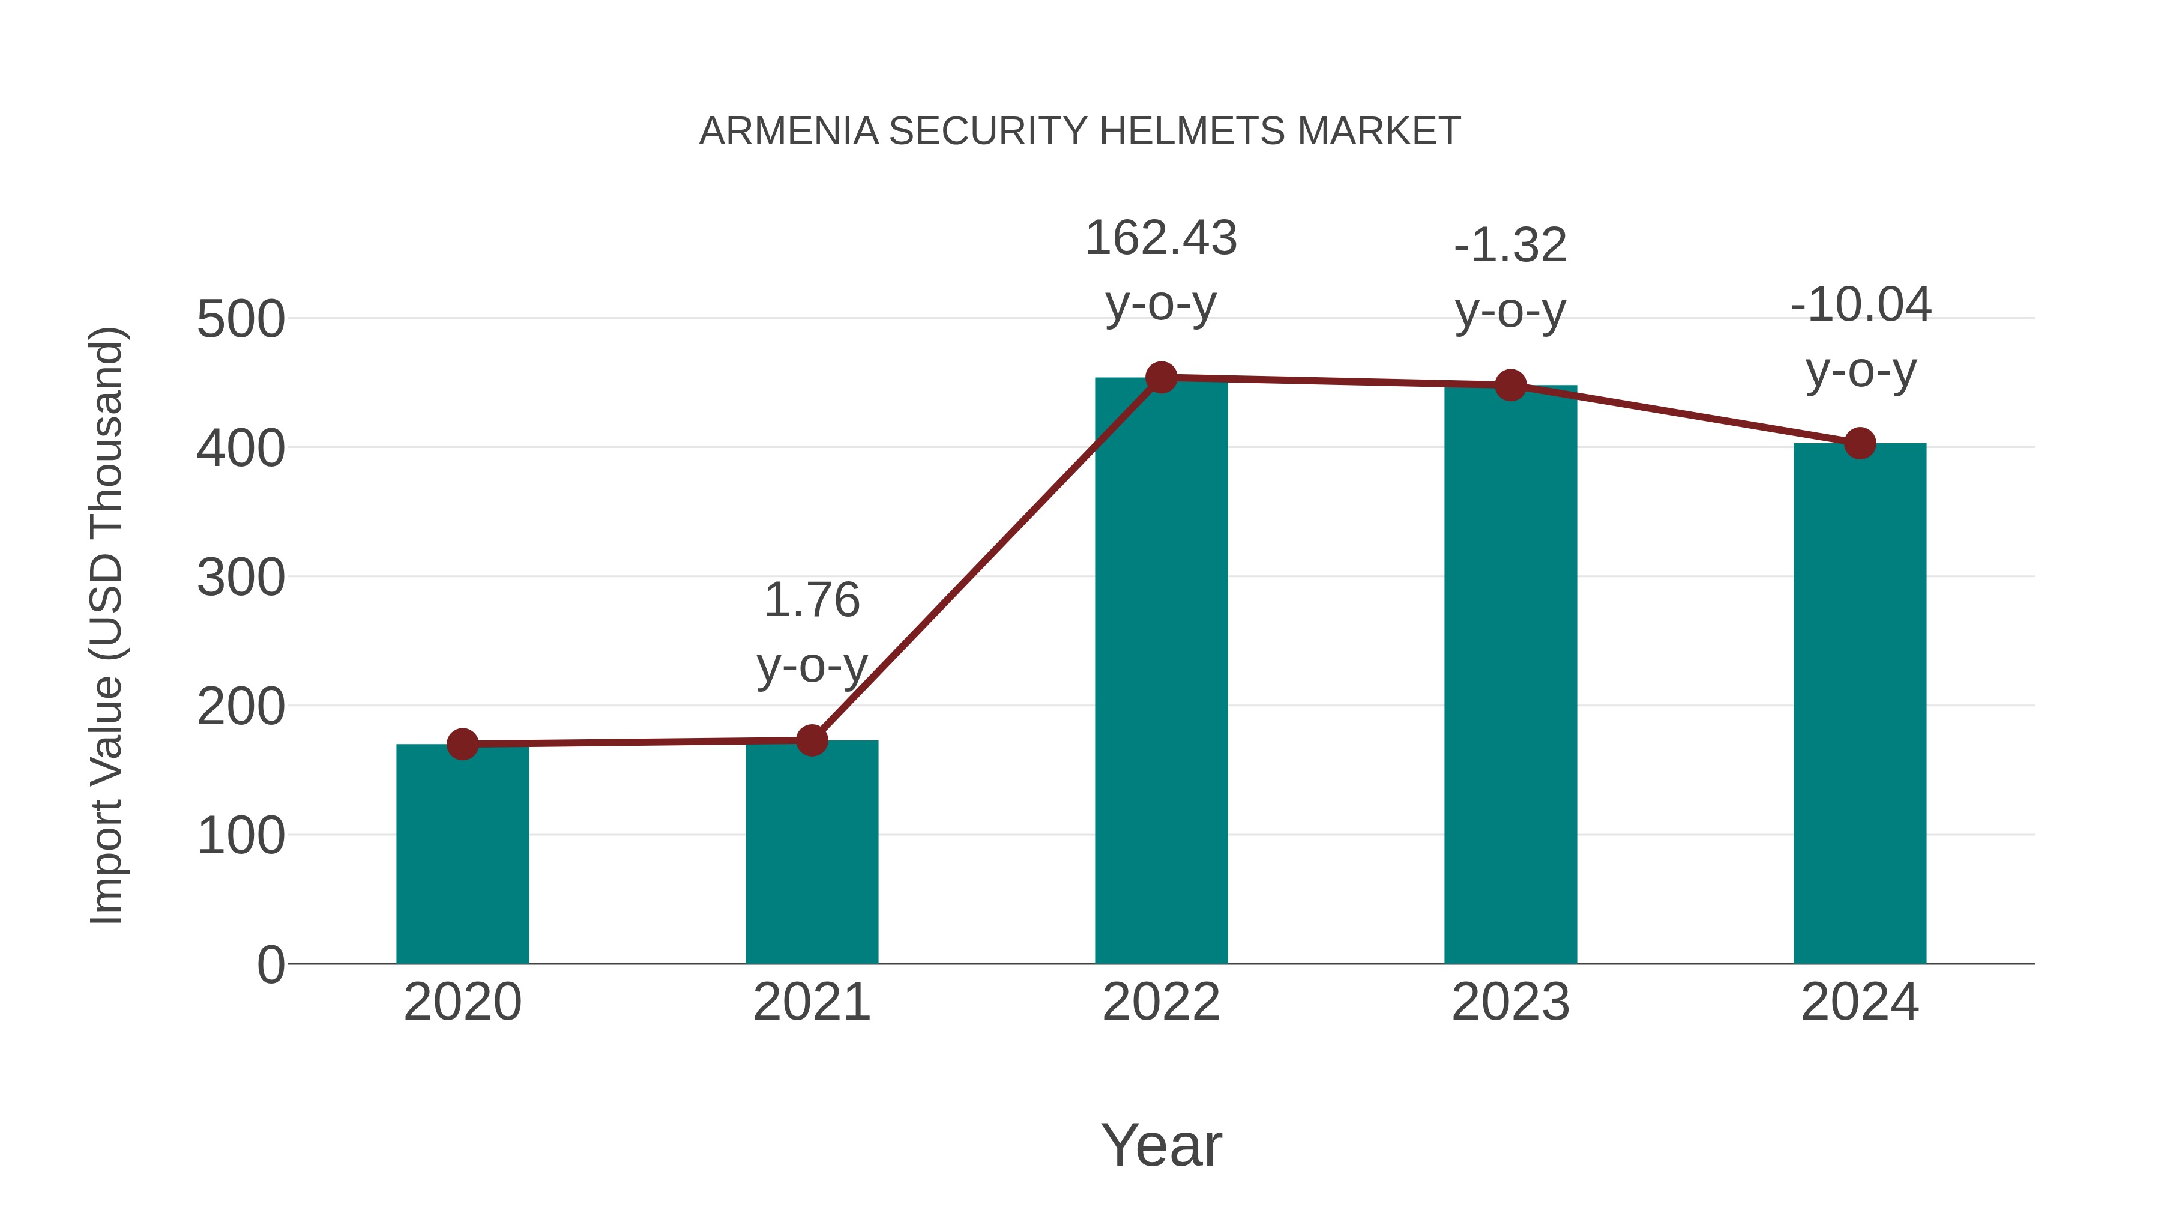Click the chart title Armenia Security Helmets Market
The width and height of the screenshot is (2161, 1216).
1080,132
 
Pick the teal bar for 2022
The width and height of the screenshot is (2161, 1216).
1161,671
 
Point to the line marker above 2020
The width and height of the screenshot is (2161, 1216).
462,745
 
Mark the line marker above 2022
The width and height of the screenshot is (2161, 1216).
1161,378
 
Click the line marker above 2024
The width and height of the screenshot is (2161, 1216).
1860,443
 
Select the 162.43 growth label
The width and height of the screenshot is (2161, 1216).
1161,238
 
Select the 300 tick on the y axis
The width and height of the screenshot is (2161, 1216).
241,578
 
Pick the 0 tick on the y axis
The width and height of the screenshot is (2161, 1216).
270,965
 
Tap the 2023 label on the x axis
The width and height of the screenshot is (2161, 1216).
1510,1002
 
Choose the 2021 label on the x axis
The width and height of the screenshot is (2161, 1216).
811,1002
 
